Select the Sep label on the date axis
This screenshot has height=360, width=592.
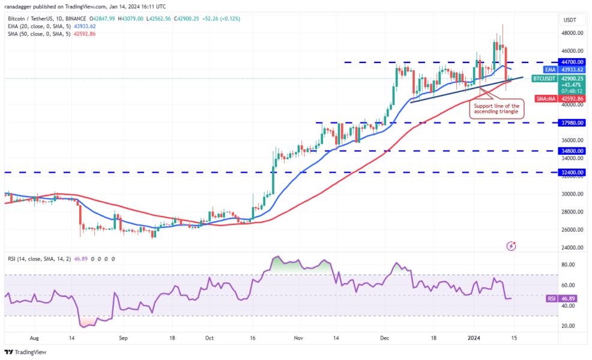point(124,338)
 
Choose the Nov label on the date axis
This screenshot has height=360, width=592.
point(298,338)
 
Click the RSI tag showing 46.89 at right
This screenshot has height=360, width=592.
point(566,298)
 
